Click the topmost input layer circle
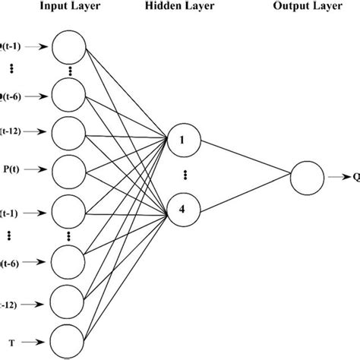[x=70, y=49]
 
